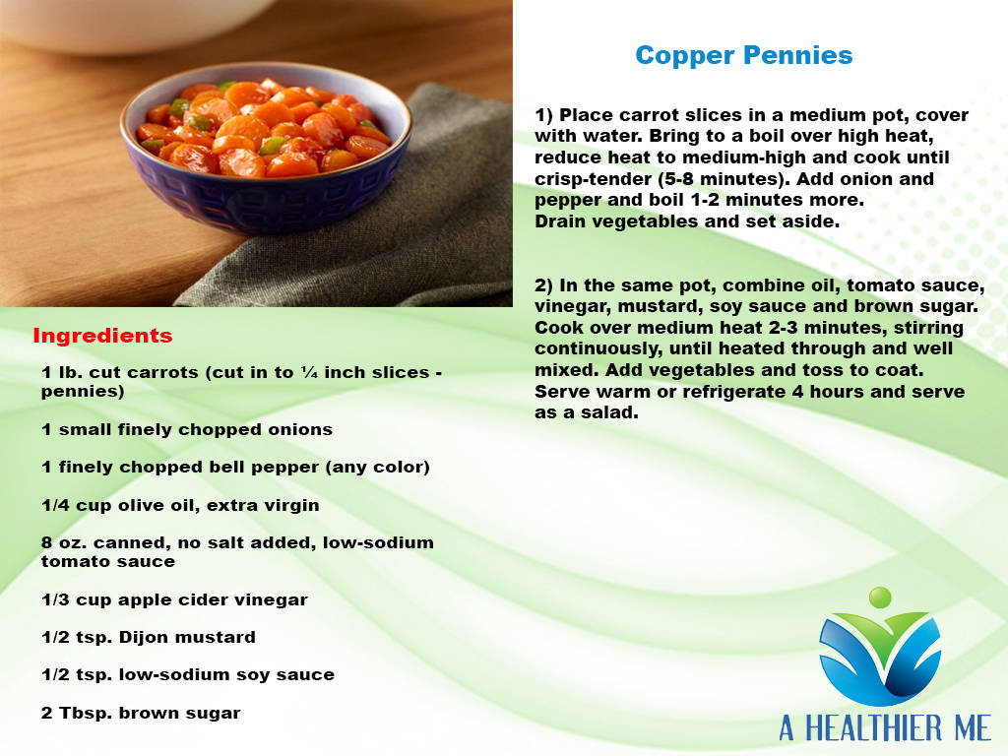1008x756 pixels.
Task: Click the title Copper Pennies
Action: pos(744,55)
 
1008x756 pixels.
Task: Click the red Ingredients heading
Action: pos(102,336)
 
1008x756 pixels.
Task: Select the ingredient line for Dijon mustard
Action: pos(149,637)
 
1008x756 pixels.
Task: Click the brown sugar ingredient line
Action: pos(141,713)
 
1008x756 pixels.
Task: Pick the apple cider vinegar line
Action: pos(174,599)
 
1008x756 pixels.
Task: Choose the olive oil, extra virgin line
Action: pos(180,505)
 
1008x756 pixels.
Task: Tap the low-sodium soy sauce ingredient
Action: pos(188,675)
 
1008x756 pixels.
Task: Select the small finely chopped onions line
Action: pos(187,429)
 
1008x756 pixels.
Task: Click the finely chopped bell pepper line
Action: pos(235,468)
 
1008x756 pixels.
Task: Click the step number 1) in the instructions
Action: pos(543,116)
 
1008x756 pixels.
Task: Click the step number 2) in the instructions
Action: pos(543,285)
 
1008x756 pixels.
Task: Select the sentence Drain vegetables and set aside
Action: pos(687,221)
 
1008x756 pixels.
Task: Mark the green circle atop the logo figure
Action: pos(880,598)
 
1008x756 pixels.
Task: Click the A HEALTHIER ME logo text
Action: pos(885,727)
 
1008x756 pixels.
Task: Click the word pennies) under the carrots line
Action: pos(83,392)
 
